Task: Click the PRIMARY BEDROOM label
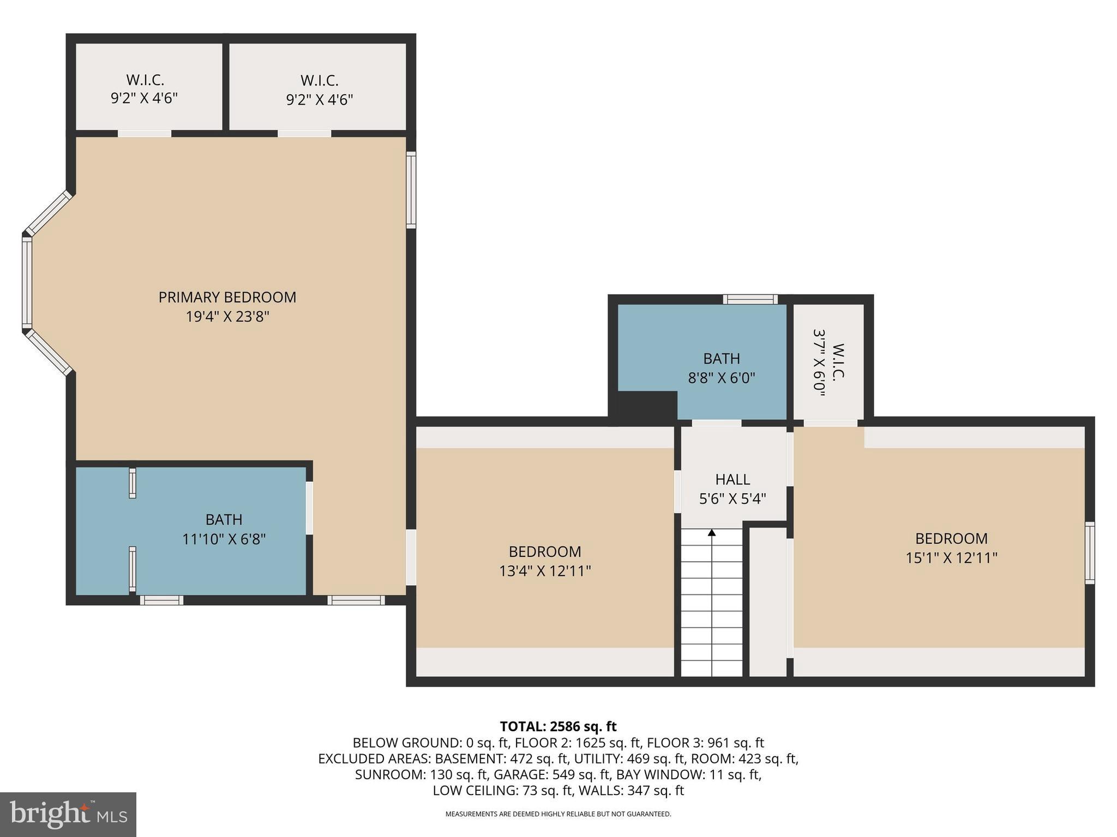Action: click(x=227, y=297)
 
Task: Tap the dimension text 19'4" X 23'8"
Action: click(x=227, y=317)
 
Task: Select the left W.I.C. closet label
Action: click(x=145, y=80)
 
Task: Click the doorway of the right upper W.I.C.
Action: click(x=304, y=134)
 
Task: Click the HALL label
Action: click(x=732, y=480)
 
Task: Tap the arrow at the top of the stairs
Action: click(x=711, y=533)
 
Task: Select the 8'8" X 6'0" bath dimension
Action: click(x=721, y=378)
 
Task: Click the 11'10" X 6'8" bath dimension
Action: click(x=224, y=539)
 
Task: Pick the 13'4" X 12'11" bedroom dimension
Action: click(x=545, y=571)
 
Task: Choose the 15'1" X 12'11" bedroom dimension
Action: click(x=951, y=558)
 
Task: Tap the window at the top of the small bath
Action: click(x=750, y=299)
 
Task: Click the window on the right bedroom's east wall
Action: click(x=1089, y=553)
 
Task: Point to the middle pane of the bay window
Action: click(x=27, y=283)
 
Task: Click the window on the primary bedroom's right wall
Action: click(x=411, y=190)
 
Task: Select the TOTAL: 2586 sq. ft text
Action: click(x=558, y=726)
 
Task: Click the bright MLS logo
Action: click(x=68, y=814)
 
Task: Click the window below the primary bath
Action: click(x=161, y=600)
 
